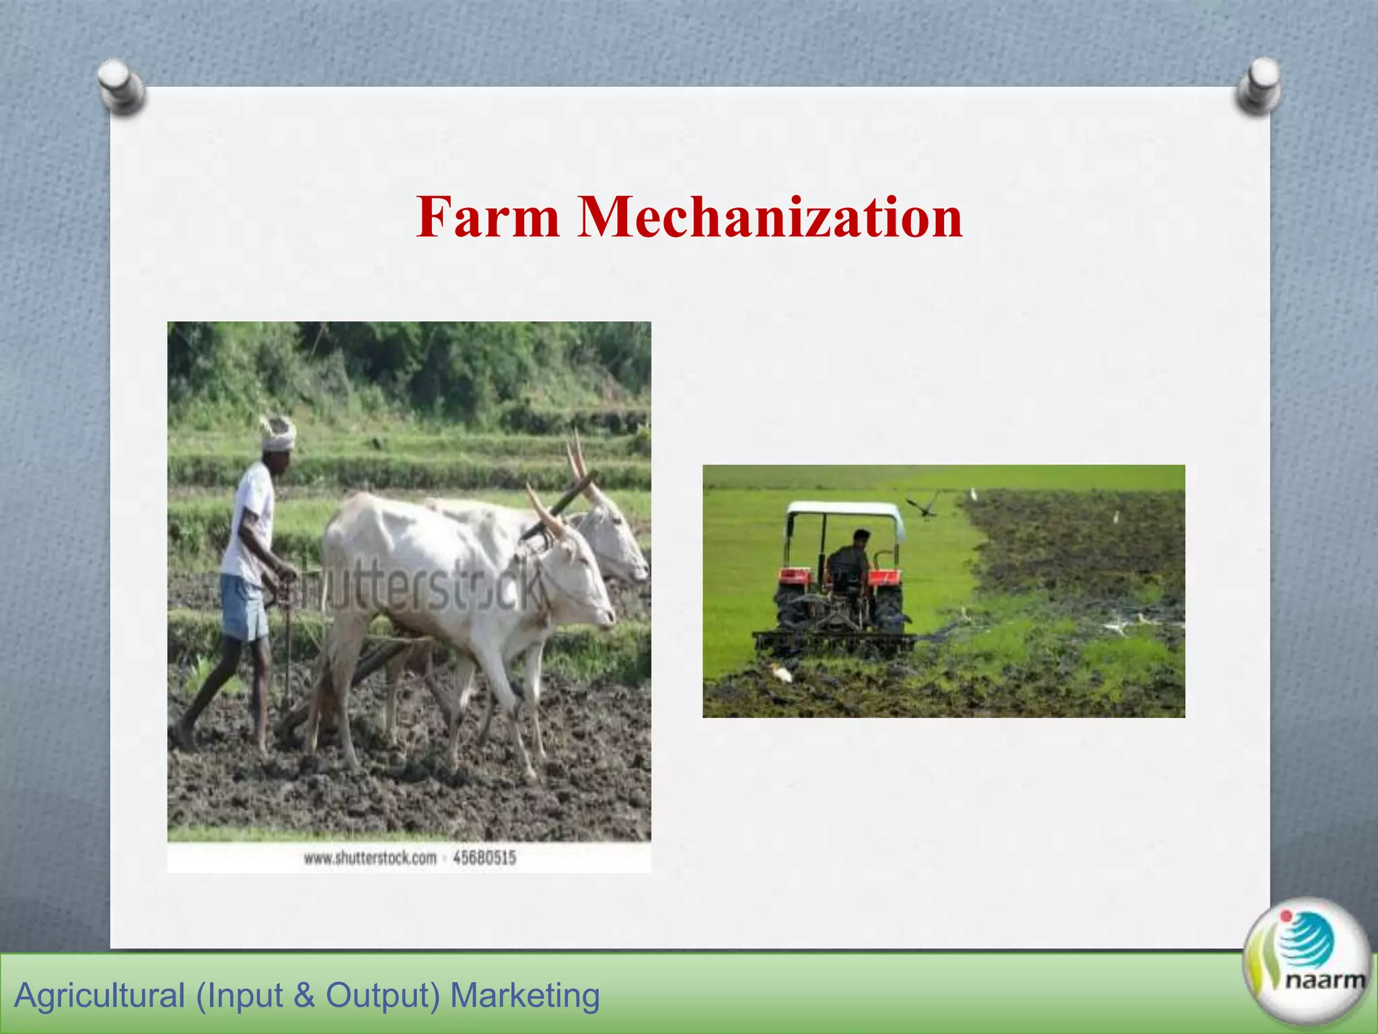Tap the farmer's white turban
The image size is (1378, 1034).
click(x=278, y=432)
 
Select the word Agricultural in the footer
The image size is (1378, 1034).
click(x=99, y=996)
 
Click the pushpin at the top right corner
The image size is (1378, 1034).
click(x=1258, y=85)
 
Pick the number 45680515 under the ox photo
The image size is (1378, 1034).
click(x=484, y=858)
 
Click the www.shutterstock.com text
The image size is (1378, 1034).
click(x=370, y=858)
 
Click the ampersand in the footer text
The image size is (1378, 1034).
click(x=304, y=996)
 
